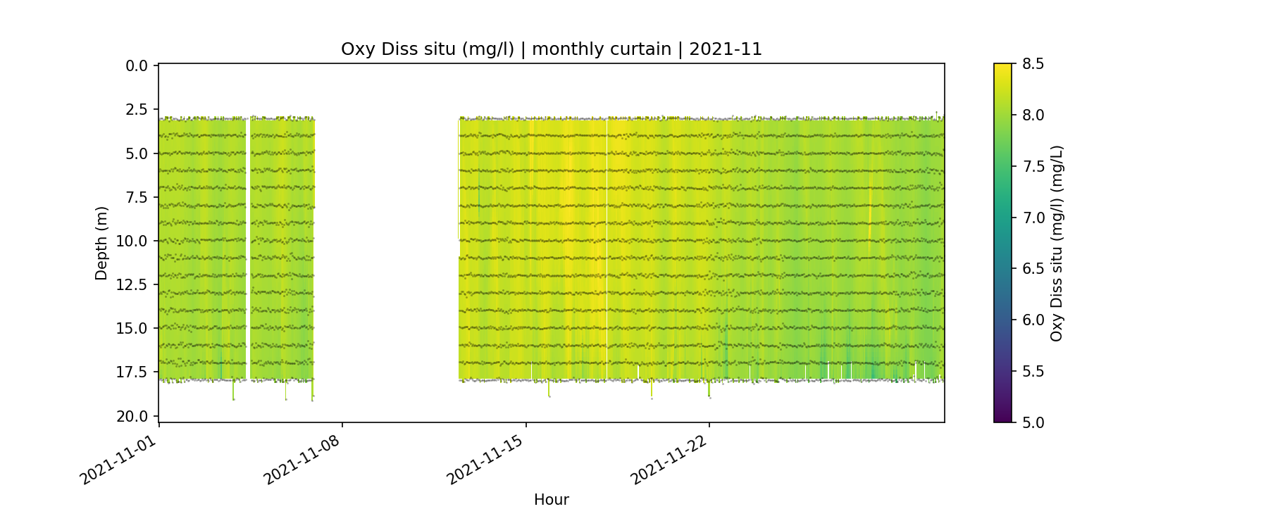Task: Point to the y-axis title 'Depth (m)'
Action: click(101, 244)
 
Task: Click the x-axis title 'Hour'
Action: click(551, 500)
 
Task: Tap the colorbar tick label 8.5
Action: click(1033, 64)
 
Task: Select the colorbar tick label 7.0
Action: click(1033, 218)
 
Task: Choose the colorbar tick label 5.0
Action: click(1033, 422)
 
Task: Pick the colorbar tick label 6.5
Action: click(1033, 269)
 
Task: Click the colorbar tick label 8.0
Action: click(1033, 115)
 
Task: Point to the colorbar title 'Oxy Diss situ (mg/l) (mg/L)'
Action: click(1056, 244)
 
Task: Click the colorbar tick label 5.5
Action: click(1033, 371)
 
